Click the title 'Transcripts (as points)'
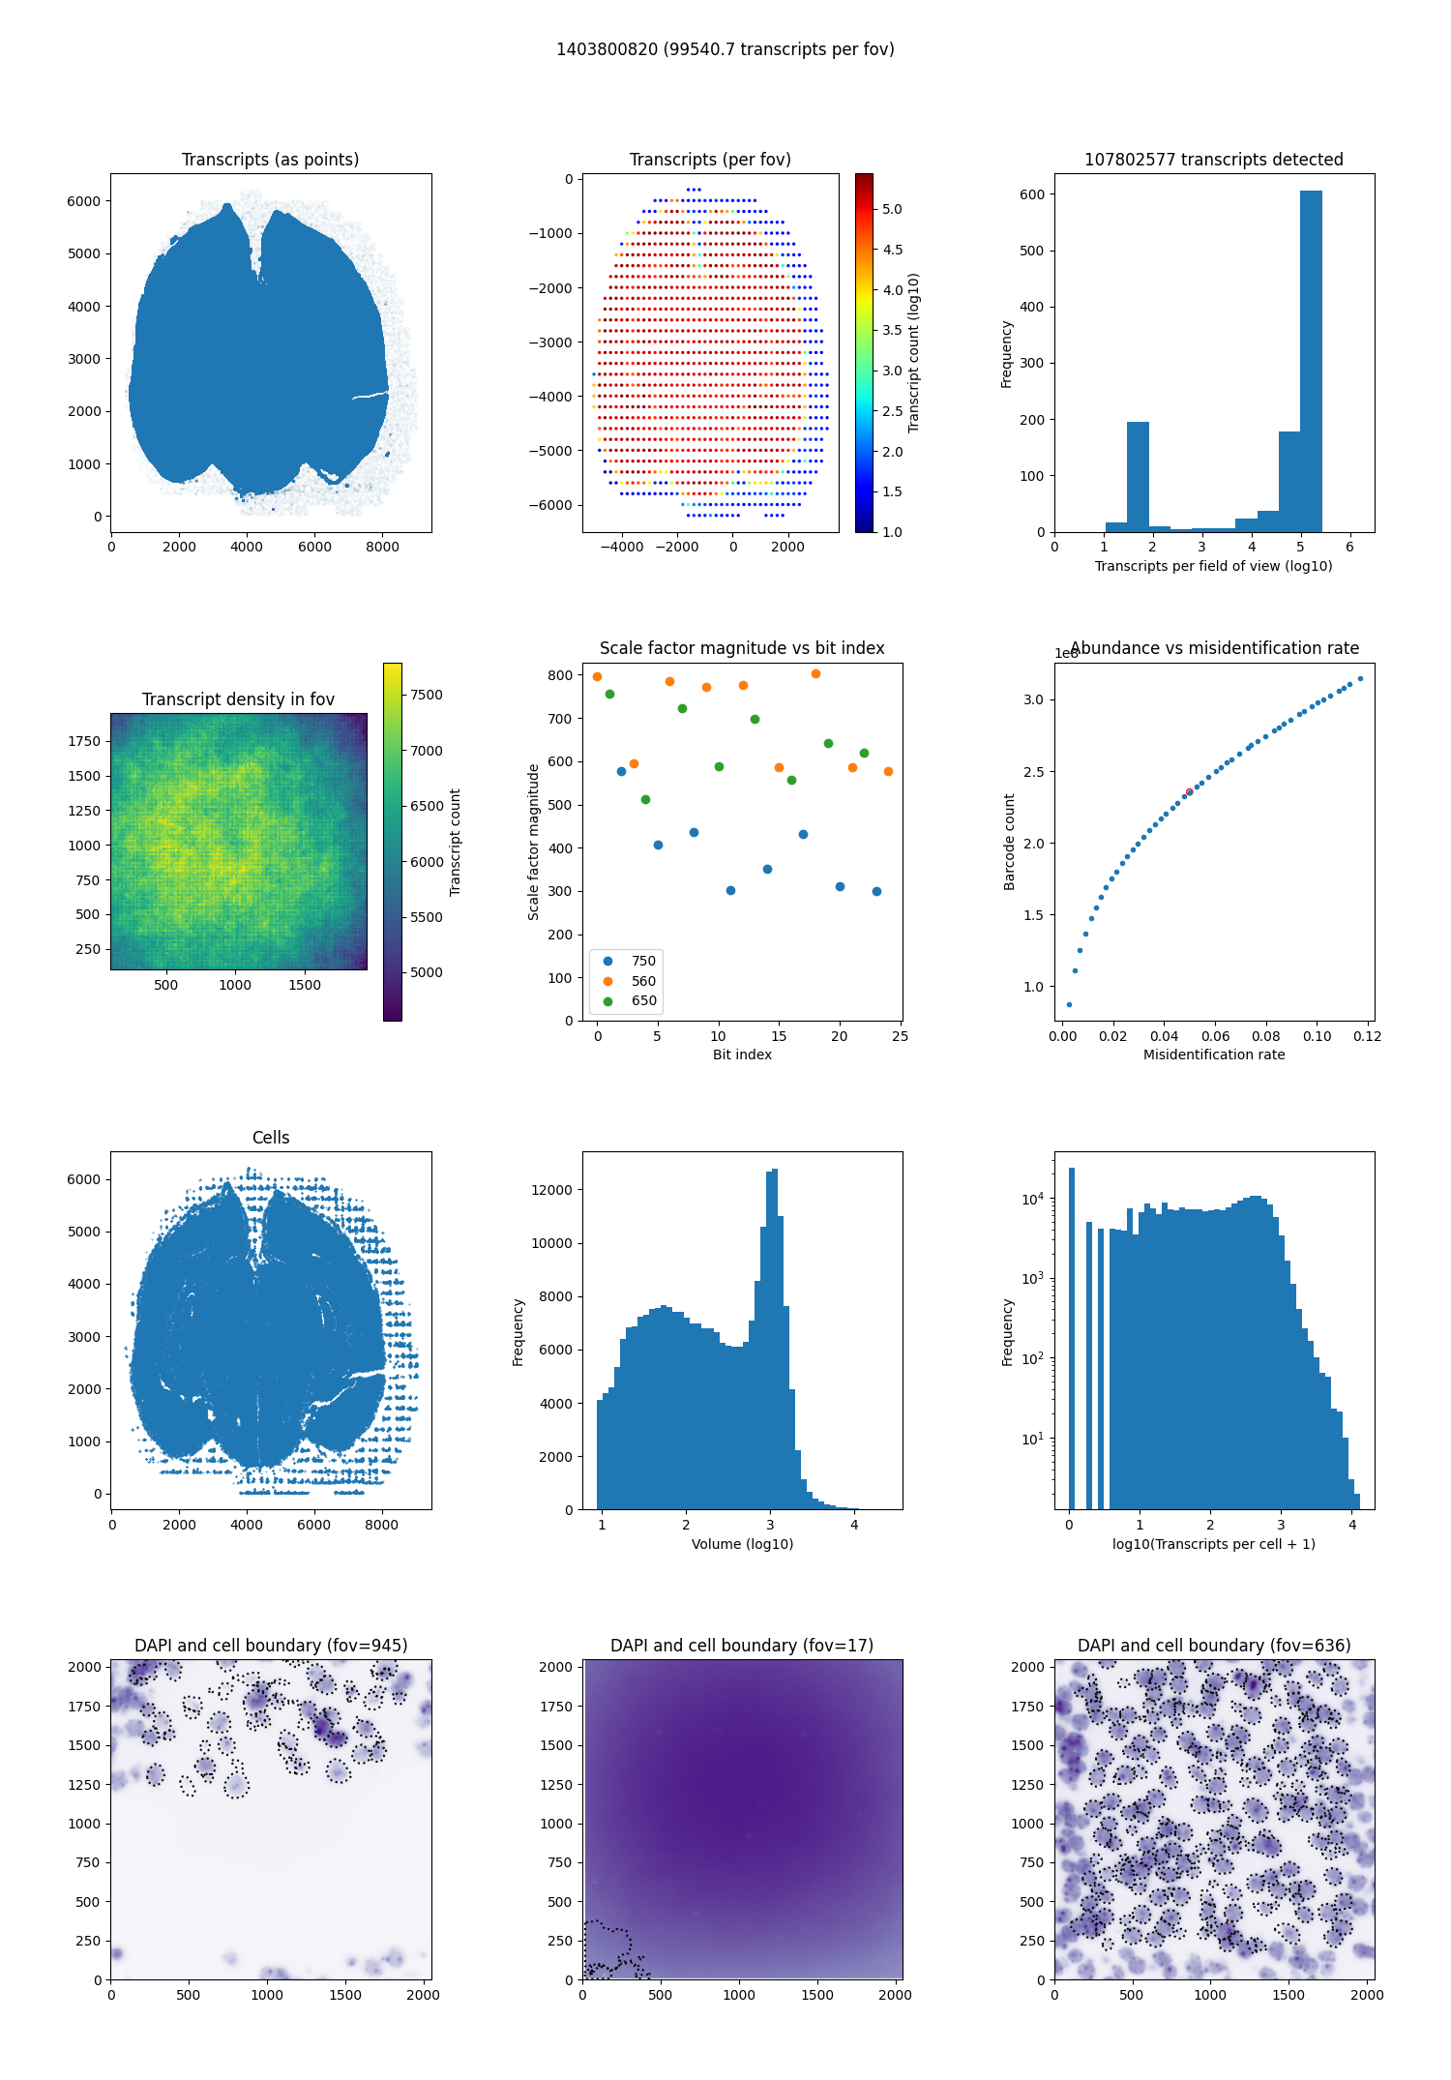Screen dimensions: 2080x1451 [270, 160]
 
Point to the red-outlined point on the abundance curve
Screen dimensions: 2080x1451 [1189, 792]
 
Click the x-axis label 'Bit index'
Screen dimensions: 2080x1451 [742, 1055]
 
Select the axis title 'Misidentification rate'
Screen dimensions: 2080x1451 [1214, 1055]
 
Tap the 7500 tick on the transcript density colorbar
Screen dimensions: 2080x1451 [426, 695]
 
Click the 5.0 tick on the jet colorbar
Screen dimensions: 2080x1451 [892, 209]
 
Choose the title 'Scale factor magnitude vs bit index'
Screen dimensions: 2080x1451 [742, 648]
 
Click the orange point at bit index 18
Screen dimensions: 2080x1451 [815, 674]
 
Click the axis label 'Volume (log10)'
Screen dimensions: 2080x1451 [742, 1544]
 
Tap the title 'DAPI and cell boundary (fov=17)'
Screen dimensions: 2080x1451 [742, 1646]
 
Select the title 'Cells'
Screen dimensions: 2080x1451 [271, 1138]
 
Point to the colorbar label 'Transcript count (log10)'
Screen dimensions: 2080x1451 [914, 353]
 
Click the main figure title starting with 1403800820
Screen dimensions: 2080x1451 [725, 49]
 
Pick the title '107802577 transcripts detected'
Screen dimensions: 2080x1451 [1213, 160]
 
